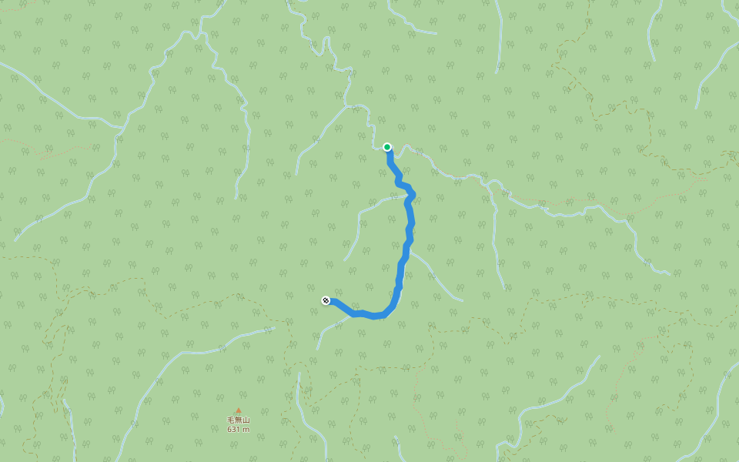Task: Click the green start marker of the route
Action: click(387, 147)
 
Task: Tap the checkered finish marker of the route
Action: click(326, 300)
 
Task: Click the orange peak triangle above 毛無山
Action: click(239, 411)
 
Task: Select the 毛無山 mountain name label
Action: click(239, 420)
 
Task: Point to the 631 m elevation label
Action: click(239, 430)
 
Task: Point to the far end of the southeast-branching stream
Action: click(463, 300)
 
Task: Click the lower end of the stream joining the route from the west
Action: click(346, 259)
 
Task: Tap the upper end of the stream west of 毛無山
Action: click(274, 328)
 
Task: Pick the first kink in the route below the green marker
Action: click(399, 179)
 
